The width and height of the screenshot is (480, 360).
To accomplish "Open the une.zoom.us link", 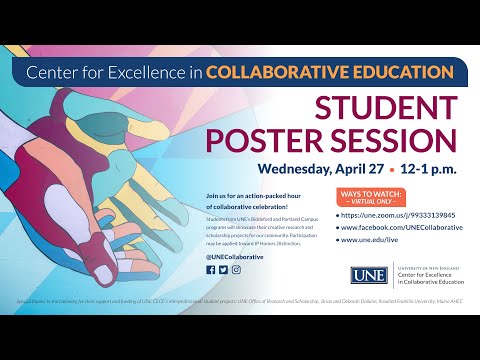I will click(396, 215).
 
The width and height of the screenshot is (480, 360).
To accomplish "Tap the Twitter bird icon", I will click(224, 269).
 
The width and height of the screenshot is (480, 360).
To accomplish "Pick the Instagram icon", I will click(236, 269).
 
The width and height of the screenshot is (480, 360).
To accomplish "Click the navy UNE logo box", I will click(364, 275).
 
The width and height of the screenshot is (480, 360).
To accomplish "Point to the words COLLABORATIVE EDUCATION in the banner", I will click(333, 72).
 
